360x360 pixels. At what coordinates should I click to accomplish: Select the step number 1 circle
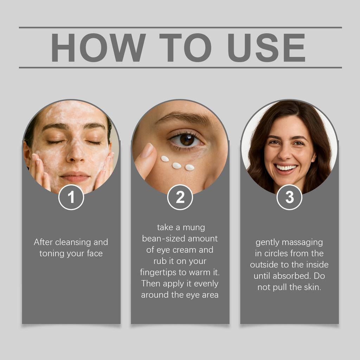71,197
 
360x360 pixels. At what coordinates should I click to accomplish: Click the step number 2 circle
180,197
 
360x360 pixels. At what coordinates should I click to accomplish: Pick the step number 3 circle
289,197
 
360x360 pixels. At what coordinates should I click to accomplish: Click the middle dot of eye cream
177,165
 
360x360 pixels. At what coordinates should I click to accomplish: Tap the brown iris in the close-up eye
187,140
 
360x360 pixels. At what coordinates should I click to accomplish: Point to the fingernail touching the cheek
147,150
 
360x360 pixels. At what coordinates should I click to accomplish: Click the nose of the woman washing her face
75,155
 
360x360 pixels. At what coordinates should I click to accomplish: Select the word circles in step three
277,253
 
